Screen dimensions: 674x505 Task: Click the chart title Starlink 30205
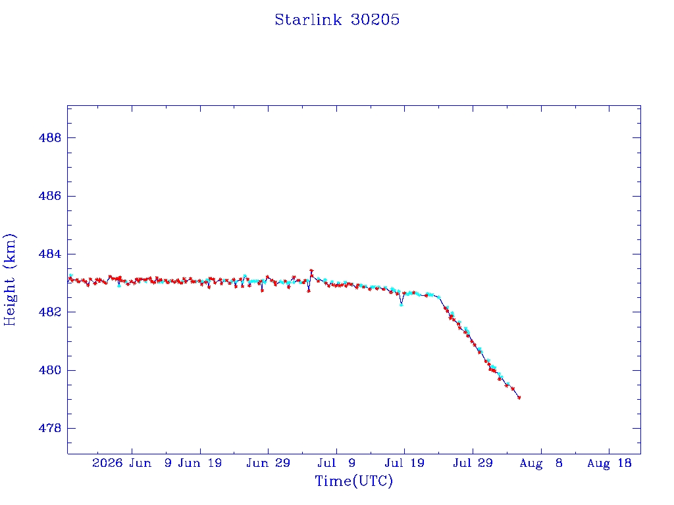pyautogui.click(x=337, y=20)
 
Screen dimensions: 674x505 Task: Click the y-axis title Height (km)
pyautogui.click(x=9, y=279)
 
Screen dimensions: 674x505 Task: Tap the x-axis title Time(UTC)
pyautogui.click(x=353, y=481)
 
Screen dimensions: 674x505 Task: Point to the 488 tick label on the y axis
pyautogui.click(x=50, y=138)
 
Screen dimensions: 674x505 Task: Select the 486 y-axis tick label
pyautogui.click(x=50, y=196)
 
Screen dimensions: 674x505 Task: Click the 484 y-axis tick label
pyautogui.click(x=50, y=254)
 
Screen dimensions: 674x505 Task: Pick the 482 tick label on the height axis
pyautogui.click(x=50, y=312)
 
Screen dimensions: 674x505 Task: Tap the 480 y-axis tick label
pyautogui.click(x=50, y=370)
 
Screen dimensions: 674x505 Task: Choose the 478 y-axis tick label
pyautogui.click(x=50, y=428)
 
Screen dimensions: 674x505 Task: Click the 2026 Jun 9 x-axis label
pyautogui.click(x=132, y=463)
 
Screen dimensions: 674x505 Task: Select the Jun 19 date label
pyautogui.click(x=200, y=463)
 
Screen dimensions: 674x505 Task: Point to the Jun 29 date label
pyautogui.click(x=269, y=463)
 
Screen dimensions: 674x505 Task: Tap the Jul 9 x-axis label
pyautogui.click(x=336, y=463)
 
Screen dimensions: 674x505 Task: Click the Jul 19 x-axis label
pyautogui.click(x=405, y=463)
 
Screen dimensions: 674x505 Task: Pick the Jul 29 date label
pyautogui.click(x=473, y=463)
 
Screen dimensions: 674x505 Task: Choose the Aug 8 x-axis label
pyautogui.click(x=541, y=463)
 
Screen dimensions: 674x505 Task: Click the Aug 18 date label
pyautogui.click(x=609, y=463)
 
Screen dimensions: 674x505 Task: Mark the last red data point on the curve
pyautogui.click(x=519, y=398)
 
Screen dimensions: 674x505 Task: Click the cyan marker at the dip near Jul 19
pyautogui.click(x=401, y=304)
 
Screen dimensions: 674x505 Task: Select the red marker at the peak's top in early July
pyautogui.click(x=311, y=271)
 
